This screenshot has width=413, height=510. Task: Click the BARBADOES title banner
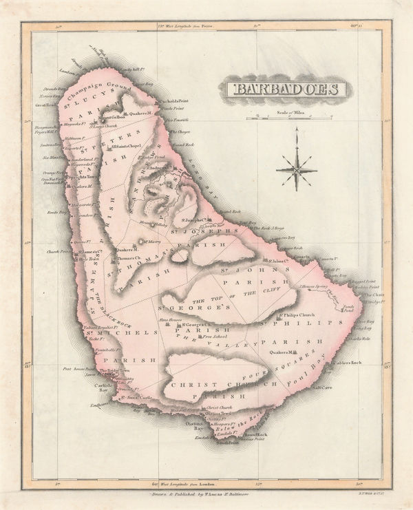pyautogui.click(x=283, y=90)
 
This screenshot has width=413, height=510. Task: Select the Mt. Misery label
pyautogui.click(x=152, y=242)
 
